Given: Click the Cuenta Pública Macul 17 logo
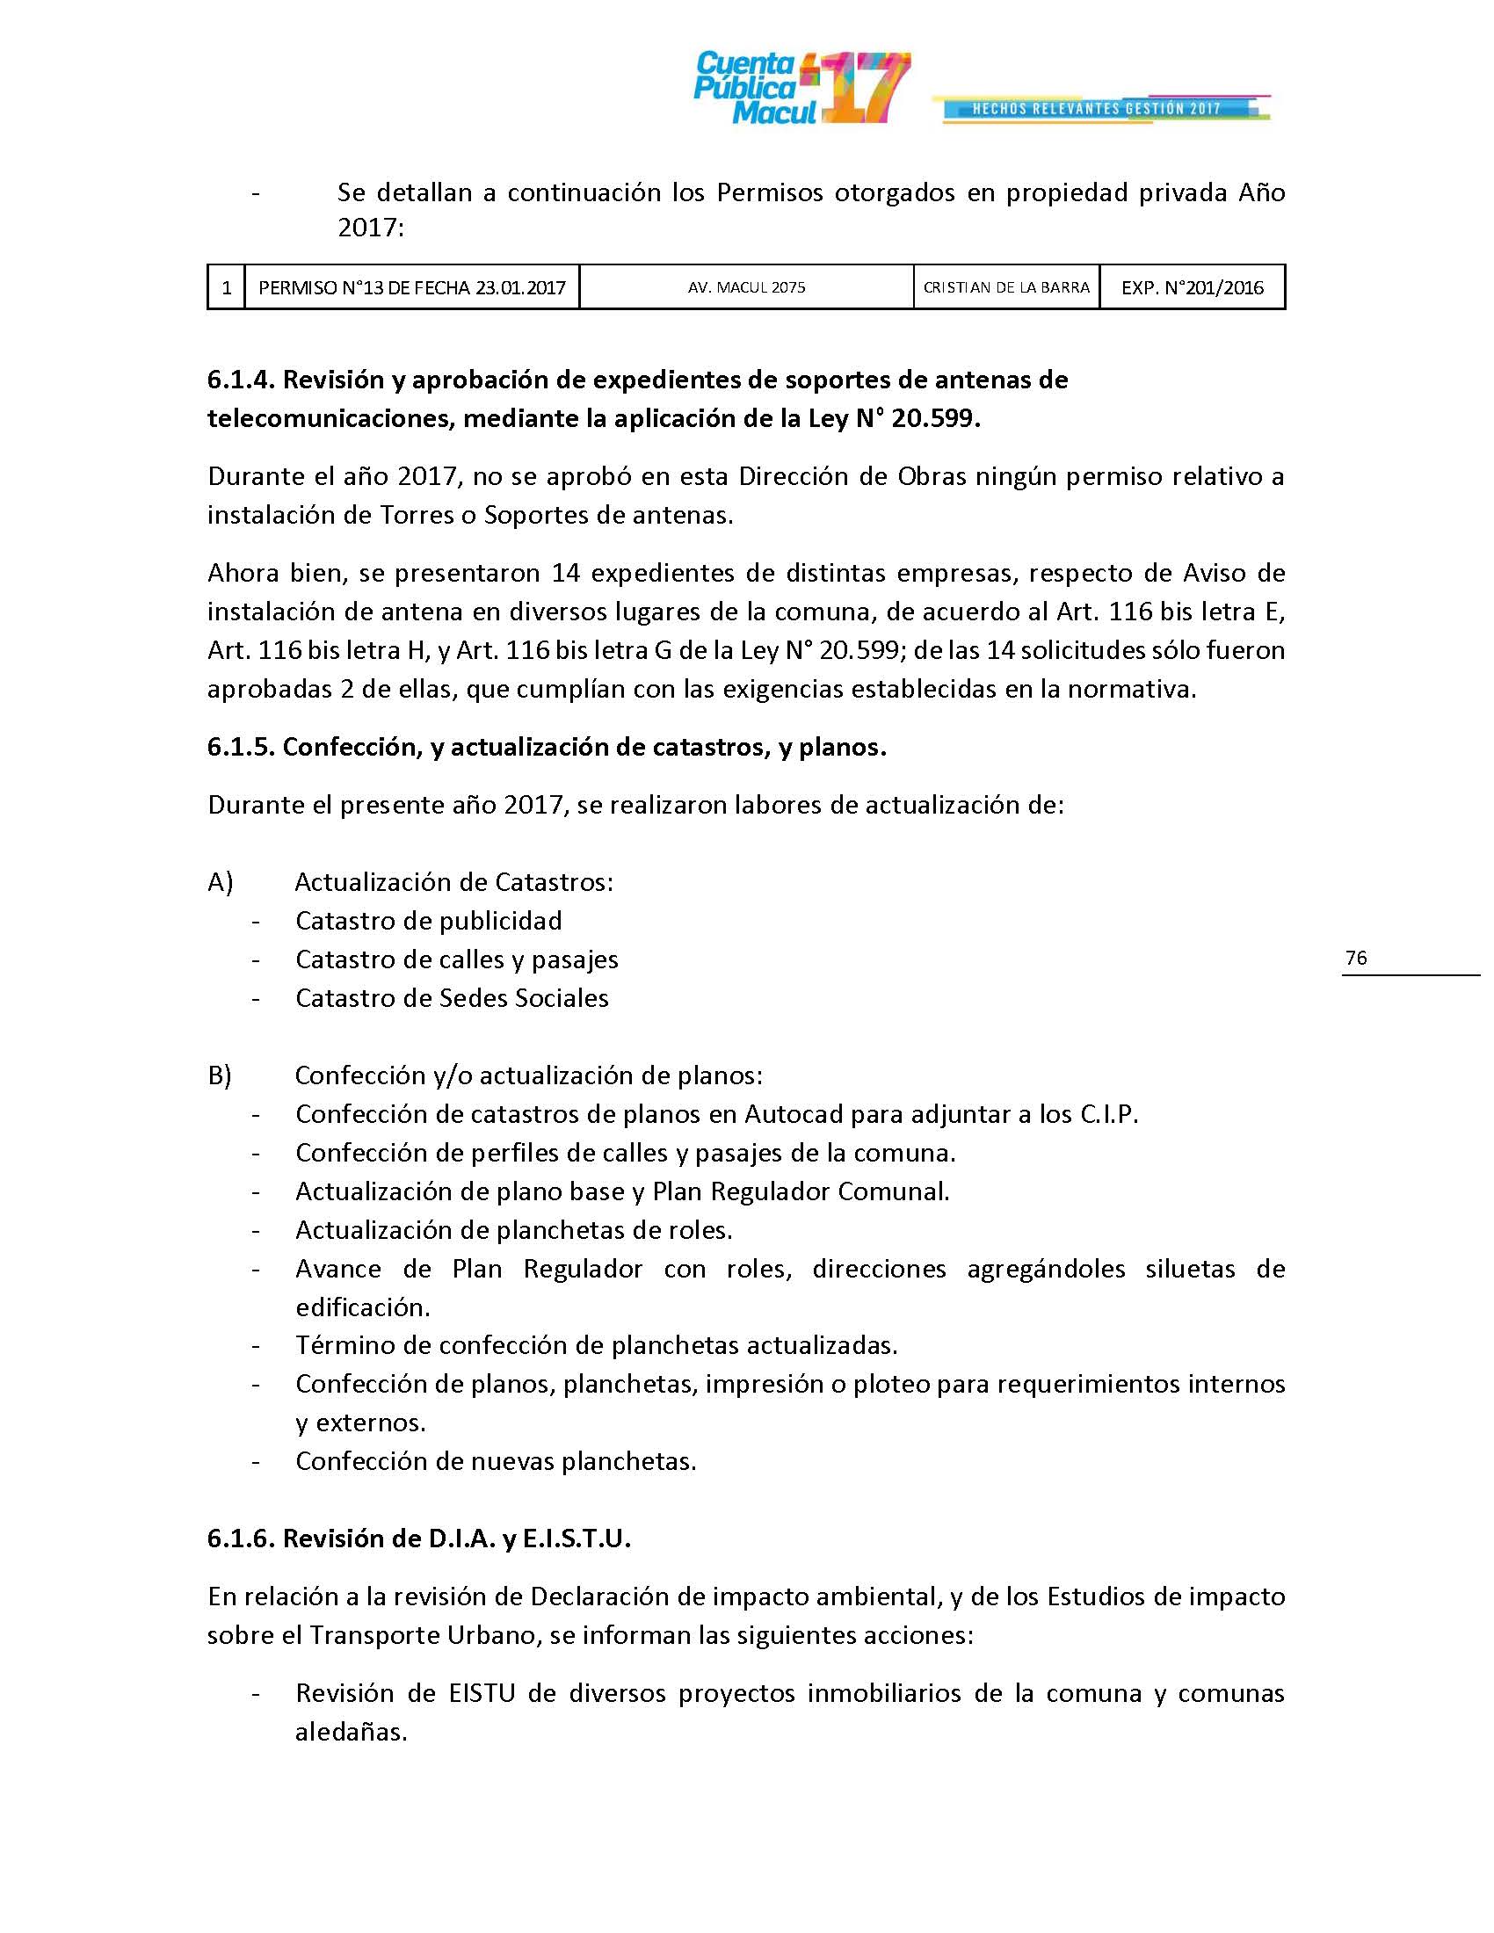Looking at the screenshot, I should point(801,88).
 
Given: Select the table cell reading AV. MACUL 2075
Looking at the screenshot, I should point(746,287).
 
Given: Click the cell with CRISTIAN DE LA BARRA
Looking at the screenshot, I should point(1006,287).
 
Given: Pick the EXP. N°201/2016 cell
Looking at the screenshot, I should point(1193,287).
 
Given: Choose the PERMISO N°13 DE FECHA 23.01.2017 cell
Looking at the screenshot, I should point(411,287).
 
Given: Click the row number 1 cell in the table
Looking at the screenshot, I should point(227,287).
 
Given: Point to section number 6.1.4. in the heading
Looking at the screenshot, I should point(242,380).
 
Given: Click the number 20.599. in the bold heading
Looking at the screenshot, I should point(936,418).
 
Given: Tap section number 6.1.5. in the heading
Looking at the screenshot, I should point(242,747).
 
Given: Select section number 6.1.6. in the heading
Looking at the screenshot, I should point(242,1538).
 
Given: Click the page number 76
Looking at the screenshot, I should point(1355,958).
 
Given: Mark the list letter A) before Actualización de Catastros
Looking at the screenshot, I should point(221,882).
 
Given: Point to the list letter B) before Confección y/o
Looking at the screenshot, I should point(220,1075).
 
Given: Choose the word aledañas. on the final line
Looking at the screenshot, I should point(352,1732).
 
